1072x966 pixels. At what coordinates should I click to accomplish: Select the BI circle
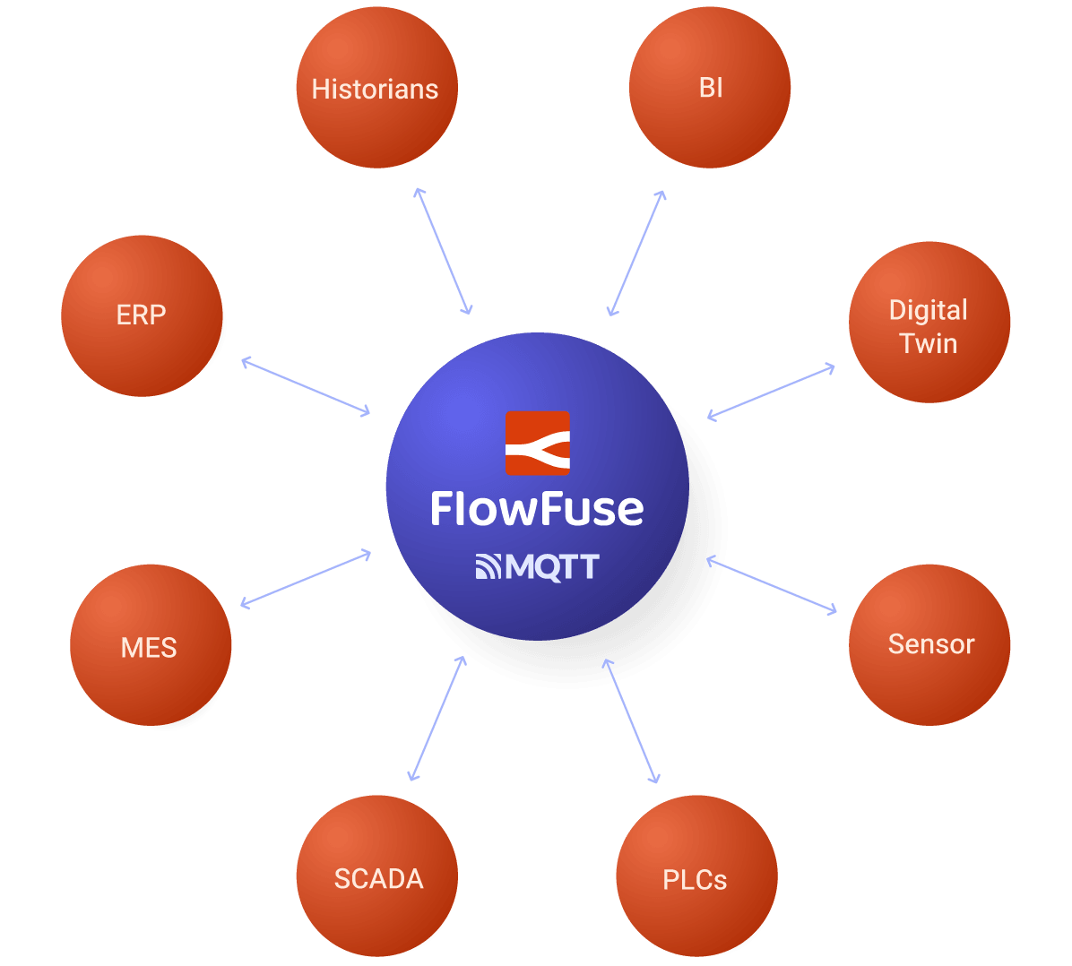click(x=709, y=88)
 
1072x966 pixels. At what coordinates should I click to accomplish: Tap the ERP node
click(x=142, y=315)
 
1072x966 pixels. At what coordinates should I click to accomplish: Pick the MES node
click(x=150, y=645)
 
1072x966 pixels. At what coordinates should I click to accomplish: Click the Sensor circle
click(x=929, y=643)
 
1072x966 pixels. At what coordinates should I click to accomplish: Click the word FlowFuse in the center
click(x=537, y=509)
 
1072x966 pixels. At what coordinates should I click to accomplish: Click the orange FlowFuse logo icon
click(x=537, y=443)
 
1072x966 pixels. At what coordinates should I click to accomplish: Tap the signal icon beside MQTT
click(x=488, y=567)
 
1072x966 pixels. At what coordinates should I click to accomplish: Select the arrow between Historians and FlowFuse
click(x=443, y=252)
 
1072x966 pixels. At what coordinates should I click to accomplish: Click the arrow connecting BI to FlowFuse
click(x=636, y=253)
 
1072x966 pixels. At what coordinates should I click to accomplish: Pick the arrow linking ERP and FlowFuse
click(x=306, y=386)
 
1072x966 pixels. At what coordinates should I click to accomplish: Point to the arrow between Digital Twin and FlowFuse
click(x=771, y=392)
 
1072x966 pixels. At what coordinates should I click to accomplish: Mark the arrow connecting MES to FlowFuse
click(x=306, y=580)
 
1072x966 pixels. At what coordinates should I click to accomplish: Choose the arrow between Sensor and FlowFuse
click(x=771, y=585)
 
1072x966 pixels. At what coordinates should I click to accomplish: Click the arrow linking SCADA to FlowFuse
click(x=437, y=718)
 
